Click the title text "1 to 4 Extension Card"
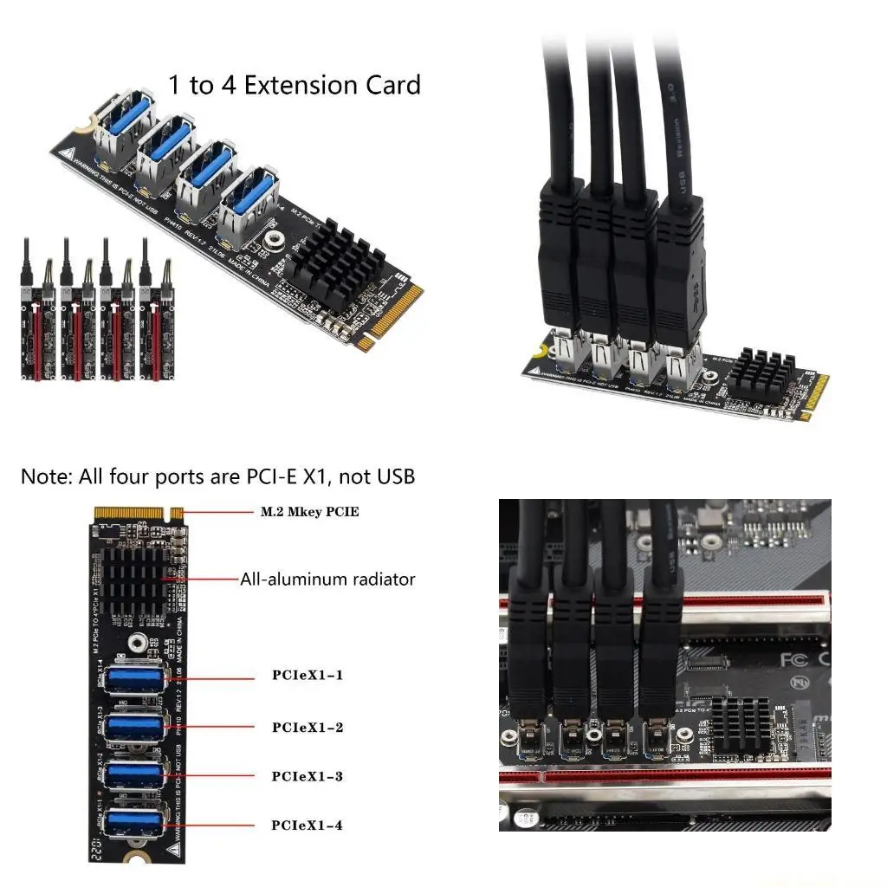point(294,85)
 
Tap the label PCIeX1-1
point(307,675)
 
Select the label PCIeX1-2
point(307,727)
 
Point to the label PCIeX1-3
point(307,776)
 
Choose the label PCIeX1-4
point(307,825)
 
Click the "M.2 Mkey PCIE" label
point(309,512)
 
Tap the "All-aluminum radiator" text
point(327,579)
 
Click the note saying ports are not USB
point(217,476)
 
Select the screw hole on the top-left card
point(272,239)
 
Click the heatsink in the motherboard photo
point(740,722)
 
